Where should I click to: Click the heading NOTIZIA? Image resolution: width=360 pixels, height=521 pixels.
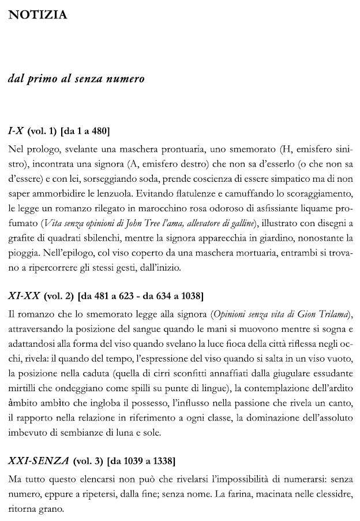37,15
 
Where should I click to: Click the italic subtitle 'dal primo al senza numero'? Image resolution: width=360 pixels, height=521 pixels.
76,78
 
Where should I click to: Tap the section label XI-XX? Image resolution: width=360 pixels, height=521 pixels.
24,297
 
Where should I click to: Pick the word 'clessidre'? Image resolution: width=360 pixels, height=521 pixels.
331,494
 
